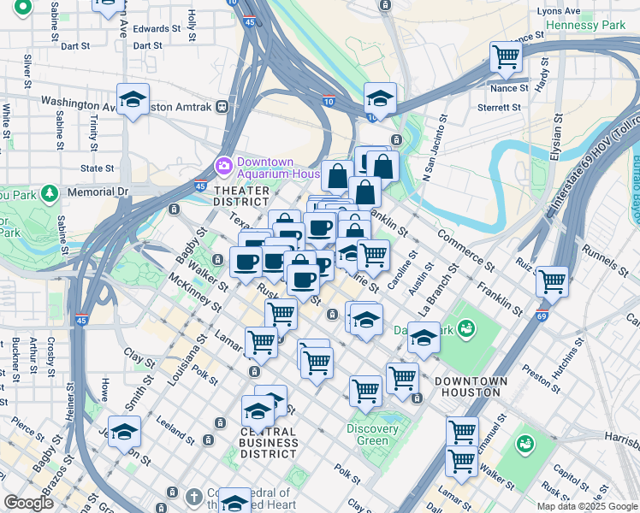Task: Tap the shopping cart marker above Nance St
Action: click(506, 58)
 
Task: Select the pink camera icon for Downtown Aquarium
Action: click(224, 164)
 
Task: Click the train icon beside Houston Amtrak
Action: click(222, 106)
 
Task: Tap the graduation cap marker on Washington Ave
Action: click(133, 99)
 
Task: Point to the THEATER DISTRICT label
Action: click(241, 196)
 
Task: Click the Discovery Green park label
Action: click(372, 434)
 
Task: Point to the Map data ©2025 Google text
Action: click(587, 506)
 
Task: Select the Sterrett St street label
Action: click(501, 108)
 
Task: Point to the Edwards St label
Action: click(157, 28)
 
